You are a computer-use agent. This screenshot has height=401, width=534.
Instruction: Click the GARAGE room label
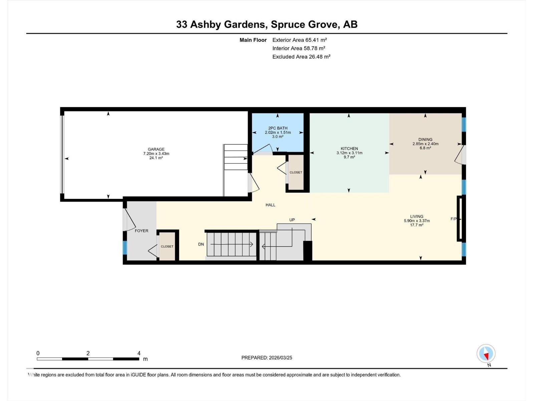pos(156,149)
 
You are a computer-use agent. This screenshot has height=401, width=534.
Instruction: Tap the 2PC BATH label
pos(278,128)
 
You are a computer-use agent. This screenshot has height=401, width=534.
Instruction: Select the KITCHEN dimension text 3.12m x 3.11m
pos(349,153)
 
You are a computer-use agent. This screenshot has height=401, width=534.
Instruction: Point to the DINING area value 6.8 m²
pos(425,148)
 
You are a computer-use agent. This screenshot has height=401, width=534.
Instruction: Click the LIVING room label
pos(417,216)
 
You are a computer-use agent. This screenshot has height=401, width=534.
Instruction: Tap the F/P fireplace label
pos(454,219)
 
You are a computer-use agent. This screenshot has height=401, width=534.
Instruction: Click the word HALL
pos(270,205)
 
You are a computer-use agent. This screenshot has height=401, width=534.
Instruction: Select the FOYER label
pos(142,231)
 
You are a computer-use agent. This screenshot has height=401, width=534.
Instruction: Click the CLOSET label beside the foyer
pos(167,246)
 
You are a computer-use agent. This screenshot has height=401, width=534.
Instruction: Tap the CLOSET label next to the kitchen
pos(296,172)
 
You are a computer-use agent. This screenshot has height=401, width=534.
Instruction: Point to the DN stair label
pos(201,244)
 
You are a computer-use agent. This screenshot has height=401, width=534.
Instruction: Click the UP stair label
pos(292,220)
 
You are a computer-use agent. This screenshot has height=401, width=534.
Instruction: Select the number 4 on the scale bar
pos(139,353)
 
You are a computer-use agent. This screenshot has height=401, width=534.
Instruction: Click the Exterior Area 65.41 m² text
pos(299,40)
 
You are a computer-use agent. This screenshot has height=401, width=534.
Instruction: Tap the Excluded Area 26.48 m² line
pos(301,56)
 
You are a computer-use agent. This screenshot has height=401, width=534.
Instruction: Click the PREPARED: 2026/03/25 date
pos(267,358)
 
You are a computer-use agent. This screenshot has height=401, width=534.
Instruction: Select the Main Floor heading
pos(253,40)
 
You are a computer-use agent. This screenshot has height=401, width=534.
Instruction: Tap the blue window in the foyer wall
pos(125,248)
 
